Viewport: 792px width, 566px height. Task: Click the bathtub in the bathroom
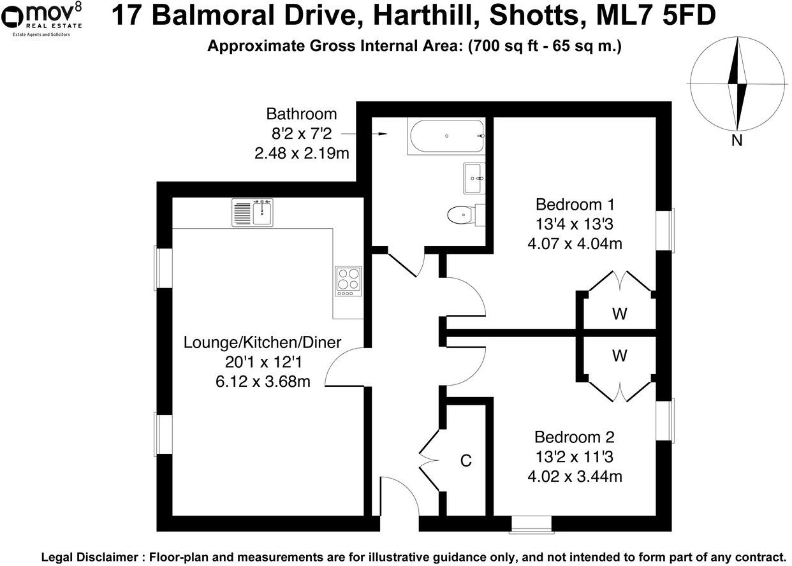coord(446,136)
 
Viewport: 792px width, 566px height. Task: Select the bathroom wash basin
coord(473,178)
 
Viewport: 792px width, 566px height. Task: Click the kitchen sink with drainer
coord(253,212)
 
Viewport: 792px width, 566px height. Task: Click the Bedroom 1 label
coord(575,205)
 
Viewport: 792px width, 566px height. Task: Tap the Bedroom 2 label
coord(574,437)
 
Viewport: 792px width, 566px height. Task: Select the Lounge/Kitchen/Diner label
coord(262,342)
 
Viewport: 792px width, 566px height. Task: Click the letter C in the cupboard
coord(466,460)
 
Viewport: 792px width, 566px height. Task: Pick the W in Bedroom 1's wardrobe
coord(619,314)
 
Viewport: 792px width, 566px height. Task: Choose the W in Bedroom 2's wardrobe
coord(619,356)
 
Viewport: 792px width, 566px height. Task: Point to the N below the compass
coord(737,141)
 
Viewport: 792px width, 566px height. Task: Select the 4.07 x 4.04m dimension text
coord(575,243)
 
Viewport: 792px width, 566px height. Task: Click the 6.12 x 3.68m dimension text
coord(262,382)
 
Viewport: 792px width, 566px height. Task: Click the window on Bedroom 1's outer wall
coord(665,230)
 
